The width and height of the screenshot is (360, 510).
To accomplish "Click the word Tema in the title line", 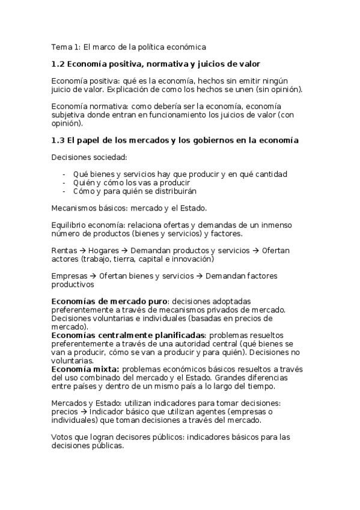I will [x=59, y=46].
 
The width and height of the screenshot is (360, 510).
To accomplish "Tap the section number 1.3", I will [x=58, y=141].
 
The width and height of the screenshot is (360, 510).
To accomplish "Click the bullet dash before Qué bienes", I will [x=64, y=174].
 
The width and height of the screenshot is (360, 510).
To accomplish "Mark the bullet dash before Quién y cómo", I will [x=64, y=183].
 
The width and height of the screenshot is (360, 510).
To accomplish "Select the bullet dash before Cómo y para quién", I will [x=64, y=191].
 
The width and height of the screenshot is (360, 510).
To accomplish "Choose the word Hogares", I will [x=103, y=250].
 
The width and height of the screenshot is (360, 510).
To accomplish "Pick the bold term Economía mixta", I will [x=85, y=369].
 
